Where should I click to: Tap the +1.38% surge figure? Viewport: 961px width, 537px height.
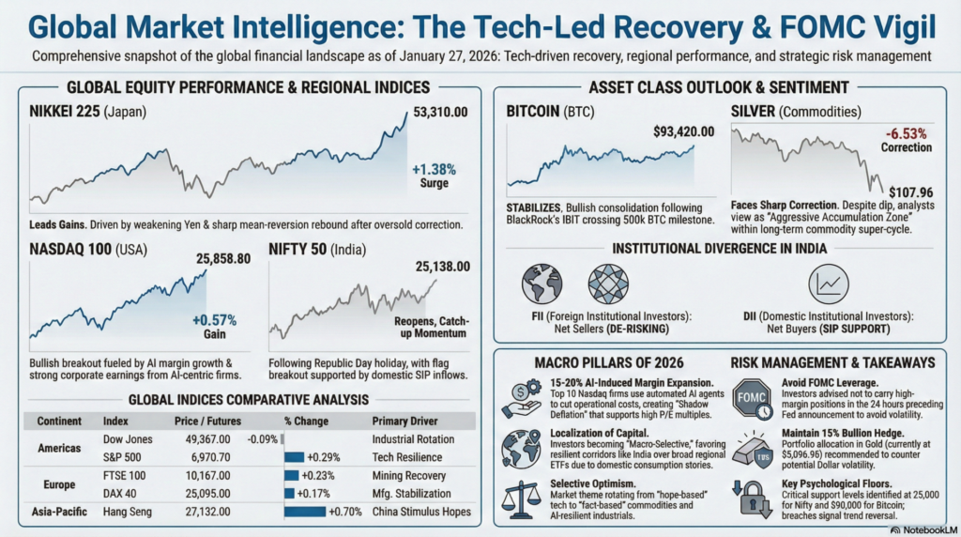coord(434,170)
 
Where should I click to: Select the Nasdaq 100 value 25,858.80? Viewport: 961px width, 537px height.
coord(222,258)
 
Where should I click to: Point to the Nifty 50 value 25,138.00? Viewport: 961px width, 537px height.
coord(442,267)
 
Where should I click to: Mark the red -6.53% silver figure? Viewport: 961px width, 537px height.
coord(906,133)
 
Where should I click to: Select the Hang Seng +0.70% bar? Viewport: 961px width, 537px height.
coord(305,512)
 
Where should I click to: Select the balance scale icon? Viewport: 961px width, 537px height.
coord(523,498)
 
